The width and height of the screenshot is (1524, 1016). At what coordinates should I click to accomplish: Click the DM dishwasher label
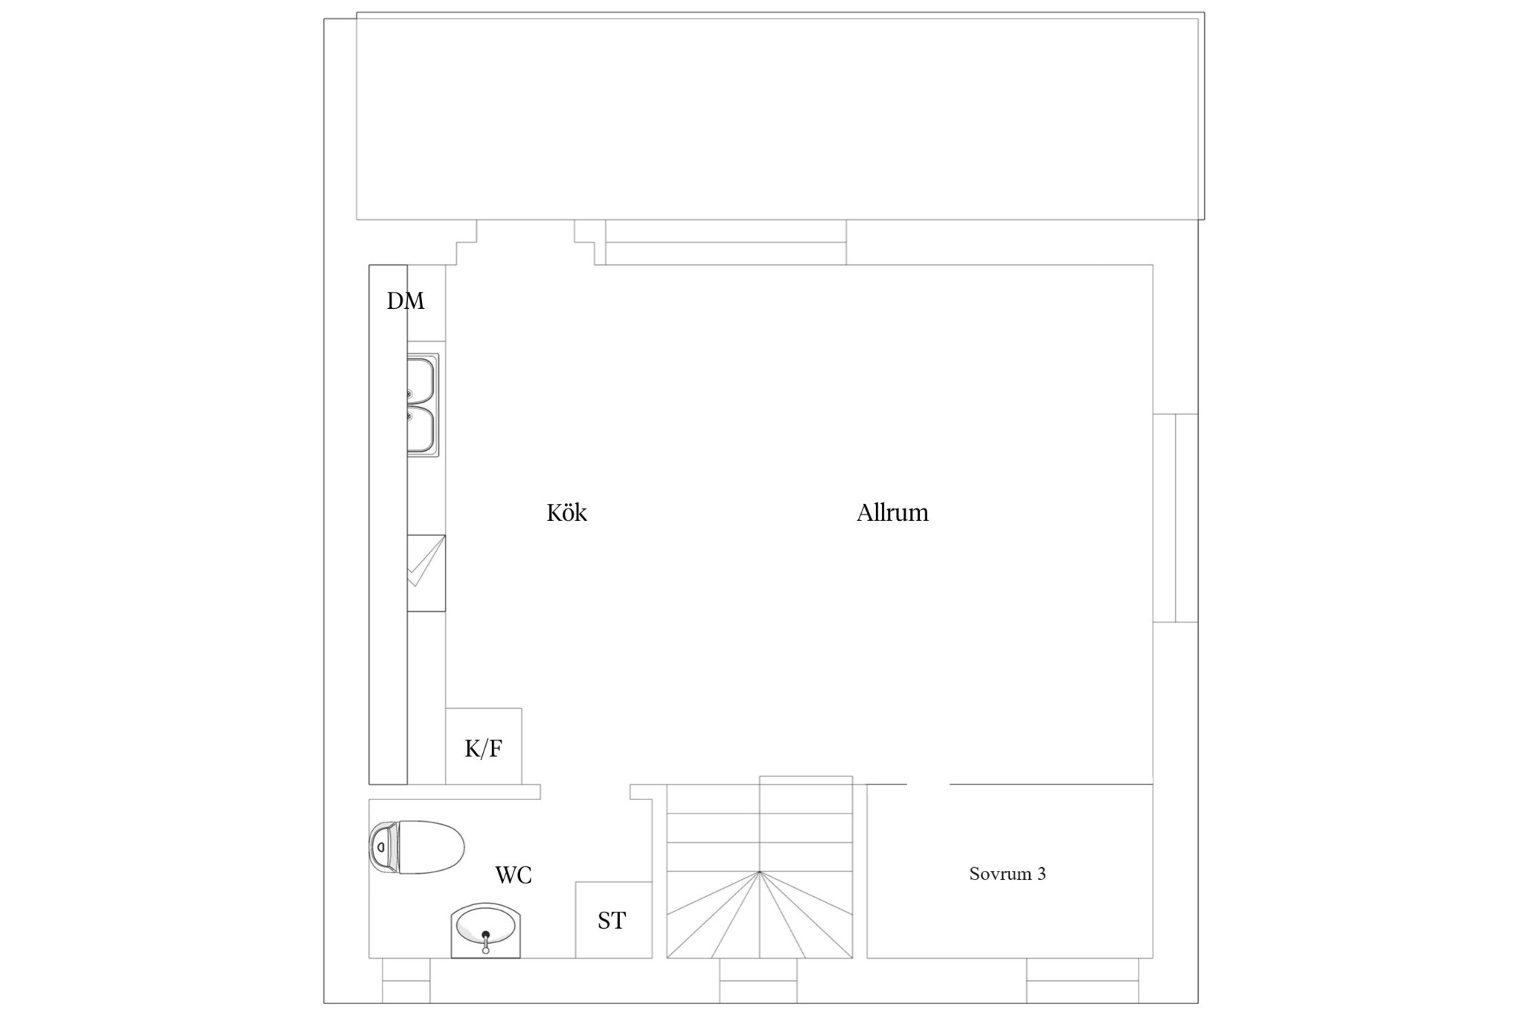point(406,301)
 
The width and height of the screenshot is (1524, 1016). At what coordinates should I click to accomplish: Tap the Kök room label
point(566,512)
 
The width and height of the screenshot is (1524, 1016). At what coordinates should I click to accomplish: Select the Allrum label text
point(892,512)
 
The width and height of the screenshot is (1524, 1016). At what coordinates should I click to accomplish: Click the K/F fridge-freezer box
point(484,747)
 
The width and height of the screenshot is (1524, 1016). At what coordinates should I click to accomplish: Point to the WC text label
point(513,875)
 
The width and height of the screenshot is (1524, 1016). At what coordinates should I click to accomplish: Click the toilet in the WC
point(417,847)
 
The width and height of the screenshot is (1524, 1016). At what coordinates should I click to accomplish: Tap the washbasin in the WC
point(485,930)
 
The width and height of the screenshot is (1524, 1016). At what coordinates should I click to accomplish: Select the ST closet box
point(614,920)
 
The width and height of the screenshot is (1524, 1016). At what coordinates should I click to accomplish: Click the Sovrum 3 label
point(1008,874)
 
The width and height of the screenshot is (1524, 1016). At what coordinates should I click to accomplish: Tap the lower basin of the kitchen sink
point(421,429)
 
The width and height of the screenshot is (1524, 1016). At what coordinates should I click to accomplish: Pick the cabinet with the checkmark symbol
point(426,573)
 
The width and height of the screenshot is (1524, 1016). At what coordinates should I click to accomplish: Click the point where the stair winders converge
point(759,872)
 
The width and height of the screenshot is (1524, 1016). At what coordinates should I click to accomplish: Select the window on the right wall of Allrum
point(1176,517)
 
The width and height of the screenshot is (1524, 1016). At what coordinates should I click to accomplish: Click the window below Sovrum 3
point(1083,980)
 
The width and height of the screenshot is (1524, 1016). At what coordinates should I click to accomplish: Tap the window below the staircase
point(758,980)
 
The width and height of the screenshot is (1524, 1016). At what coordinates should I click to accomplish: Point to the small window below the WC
point(406,980)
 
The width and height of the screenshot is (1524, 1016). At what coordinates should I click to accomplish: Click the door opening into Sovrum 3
point(928,785)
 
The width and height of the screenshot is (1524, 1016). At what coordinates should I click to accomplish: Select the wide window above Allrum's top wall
point(726,242)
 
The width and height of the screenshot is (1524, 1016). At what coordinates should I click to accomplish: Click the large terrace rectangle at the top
point(781,116)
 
